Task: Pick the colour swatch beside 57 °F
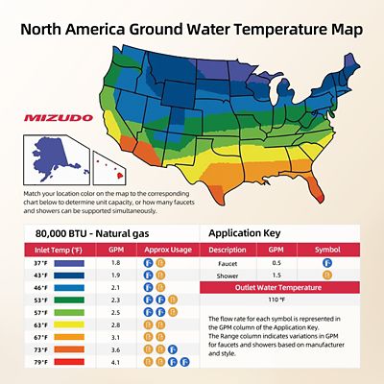71,313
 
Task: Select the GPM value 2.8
116,325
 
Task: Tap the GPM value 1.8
116,262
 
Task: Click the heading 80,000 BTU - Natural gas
89,233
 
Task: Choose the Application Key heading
243,233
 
